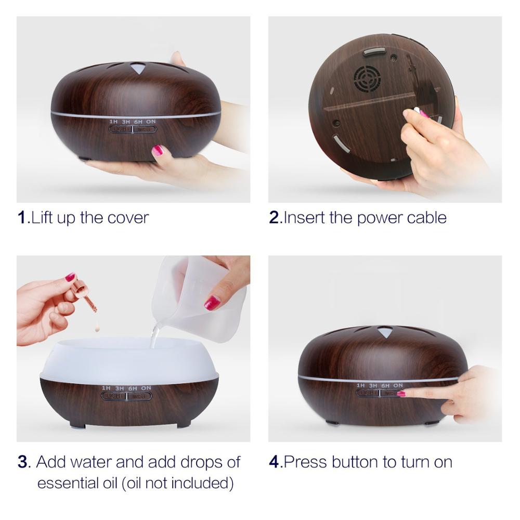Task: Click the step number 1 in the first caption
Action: (22, 217)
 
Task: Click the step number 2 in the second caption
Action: (274, 217)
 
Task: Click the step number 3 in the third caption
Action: (22, 462)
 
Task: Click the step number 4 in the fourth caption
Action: (274, 462)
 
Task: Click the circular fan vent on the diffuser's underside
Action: (367, 78)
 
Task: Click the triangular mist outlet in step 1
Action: (137, 68)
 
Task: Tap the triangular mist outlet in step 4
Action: (385, 332)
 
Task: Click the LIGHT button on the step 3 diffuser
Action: (114, 396)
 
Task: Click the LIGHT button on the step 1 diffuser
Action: (121, 129)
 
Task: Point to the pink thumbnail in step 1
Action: (158, 150)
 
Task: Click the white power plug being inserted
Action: (417, 111)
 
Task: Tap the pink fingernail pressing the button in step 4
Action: (401, 394)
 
